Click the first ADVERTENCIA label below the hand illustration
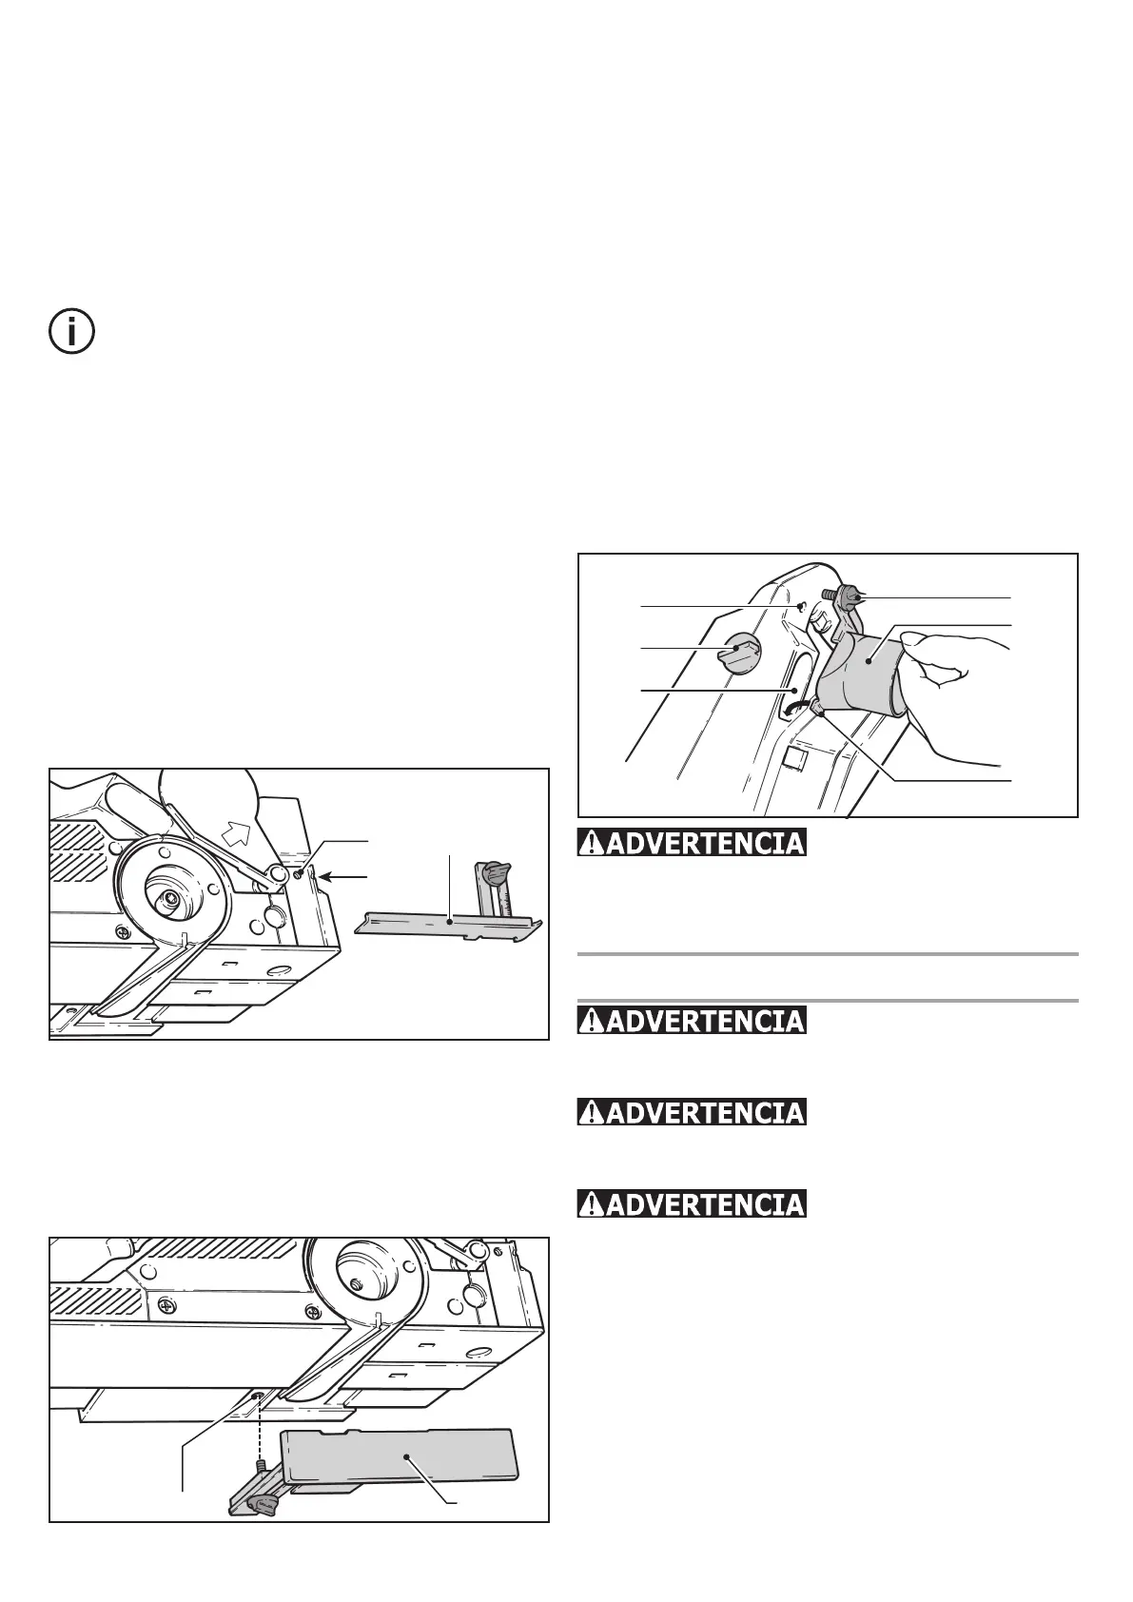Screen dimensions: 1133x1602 click(692, 843)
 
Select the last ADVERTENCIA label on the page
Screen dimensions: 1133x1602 click(692, 1203)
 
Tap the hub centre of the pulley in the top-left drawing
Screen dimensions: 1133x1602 click(169, 896)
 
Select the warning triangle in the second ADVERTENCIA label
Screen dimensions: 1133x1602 click(591, 1021)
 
